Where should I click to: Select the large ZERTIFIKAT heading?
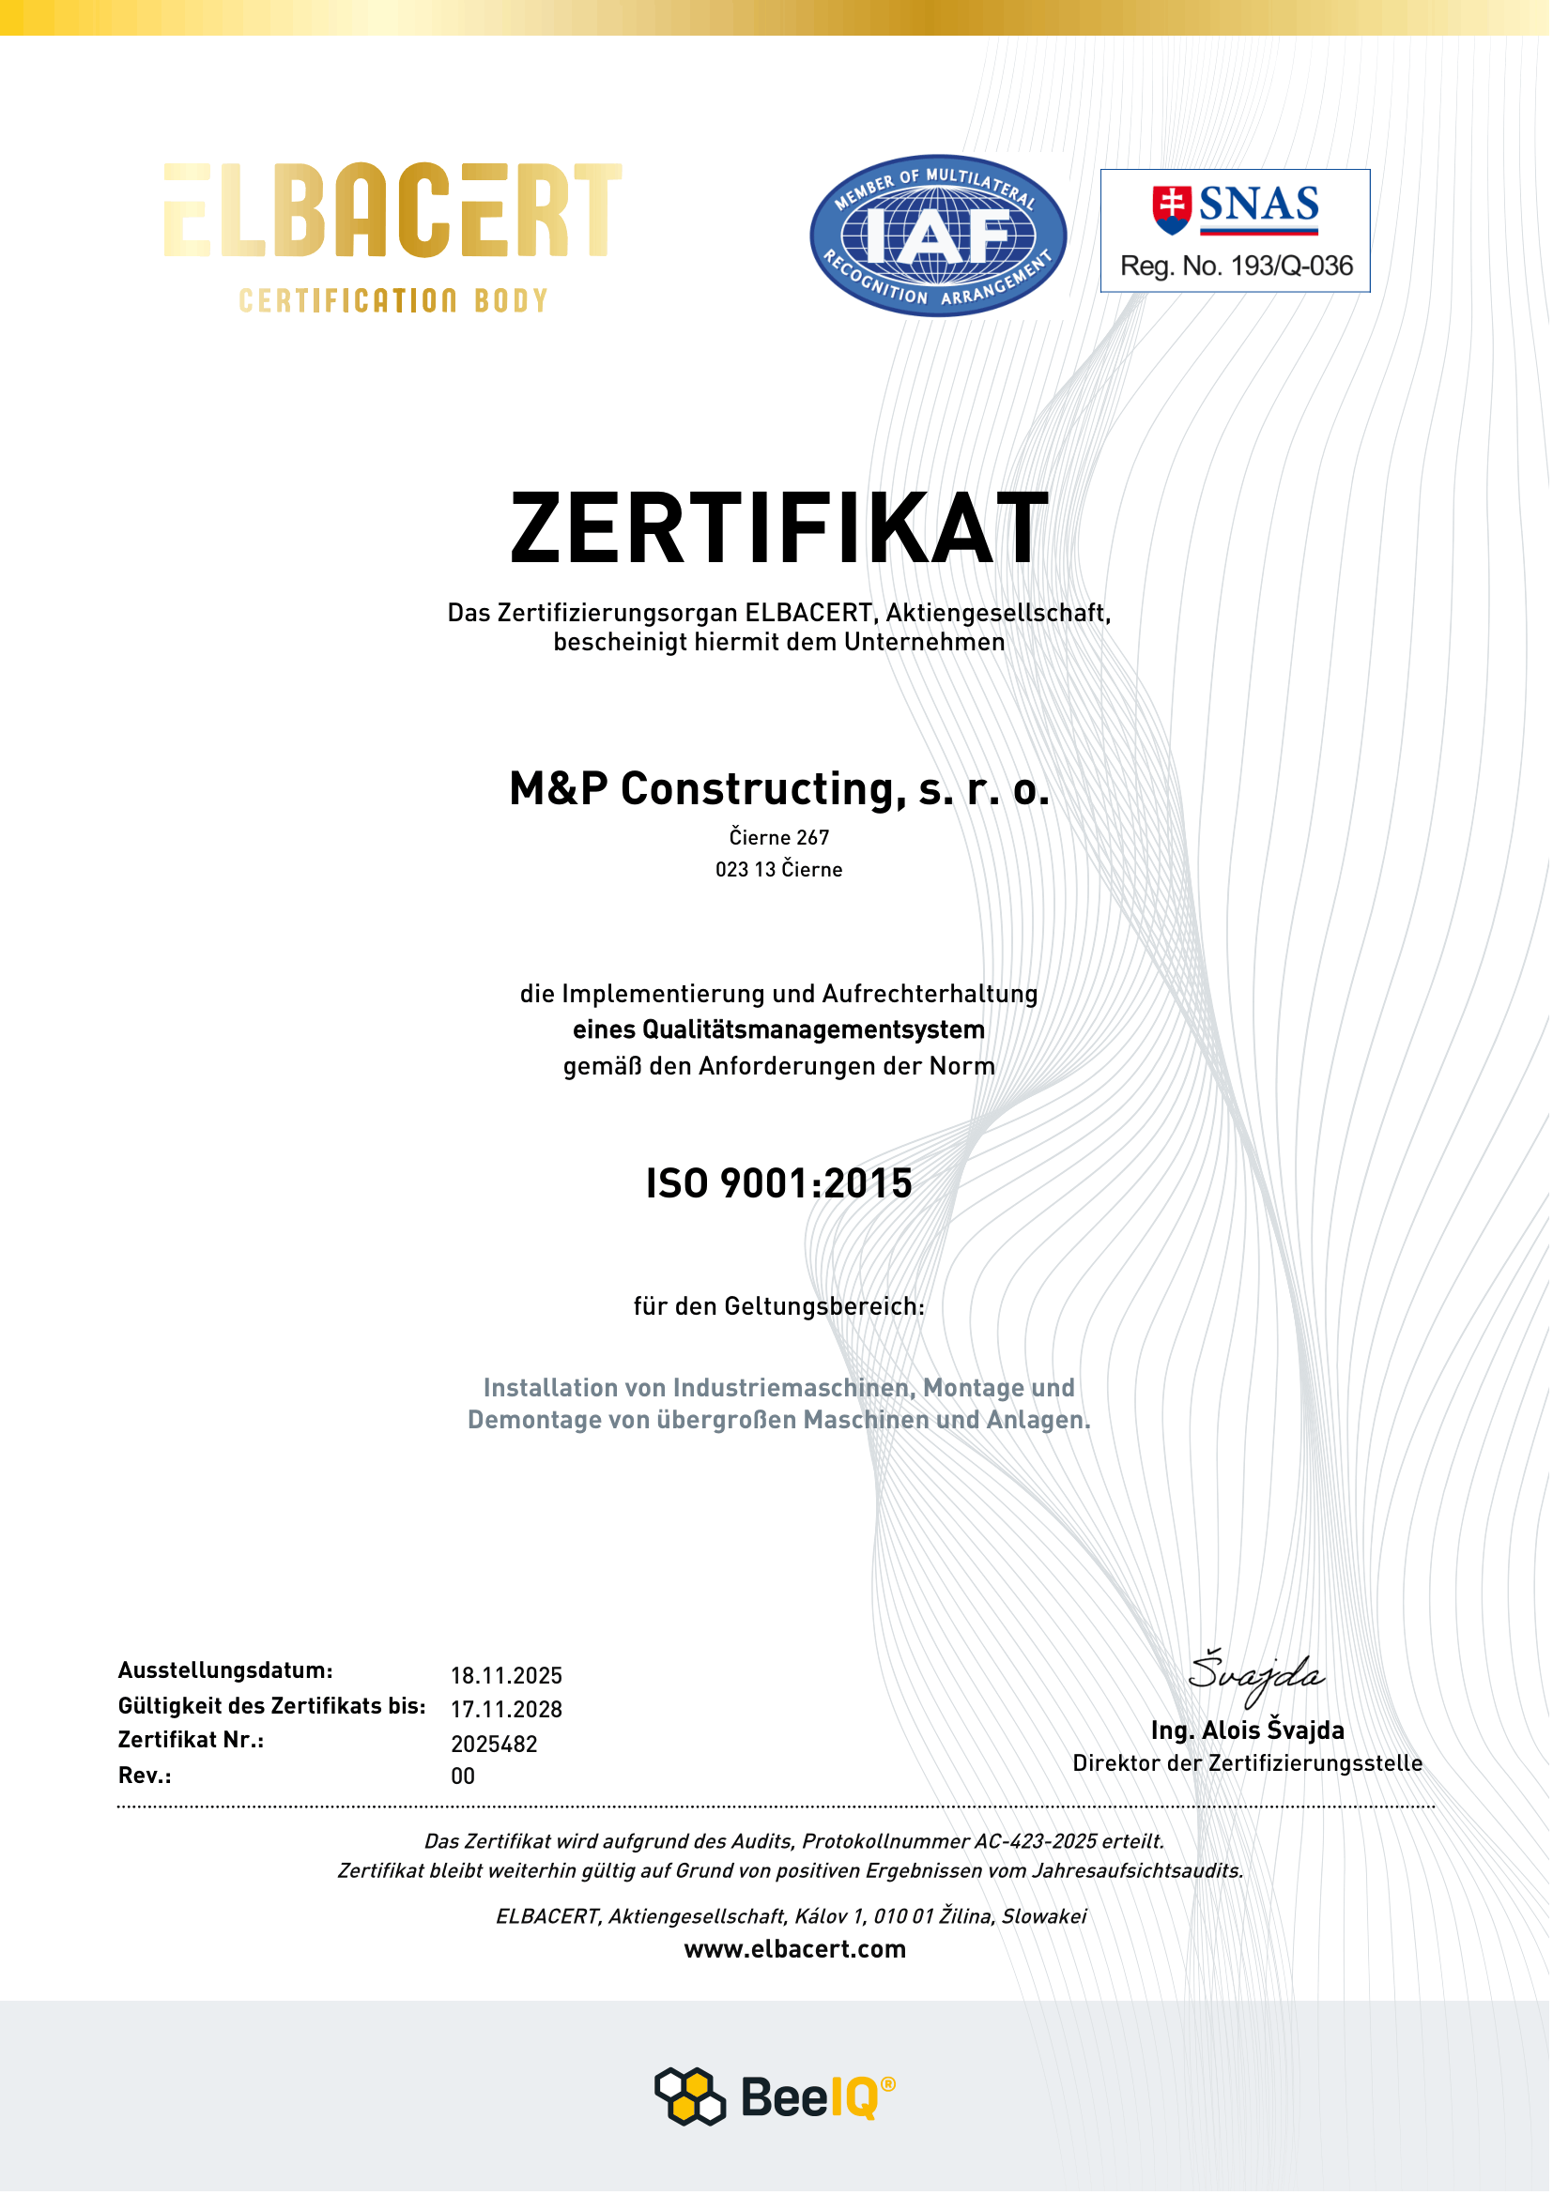click(x=779, y=528)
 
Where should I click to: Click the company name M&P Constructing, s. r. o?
click(x=779, y=789)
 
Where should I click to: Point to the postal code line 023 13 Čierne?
click(x=779, y=870)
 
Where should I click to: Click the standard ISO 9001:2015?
click(x=779, y=1184)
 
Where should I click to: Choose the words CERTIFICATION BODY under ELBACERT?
click(x=393, y=301)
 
